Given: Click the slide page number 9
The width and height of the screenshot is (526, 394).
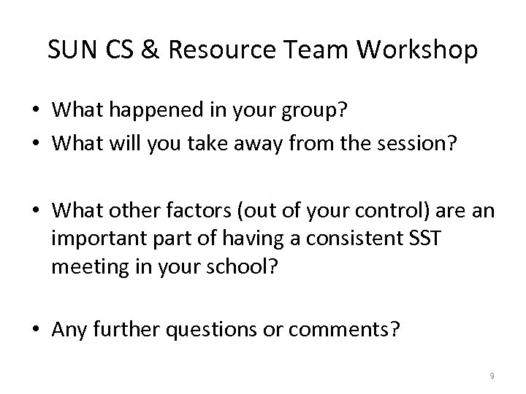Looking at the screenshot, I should [492, 376].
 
